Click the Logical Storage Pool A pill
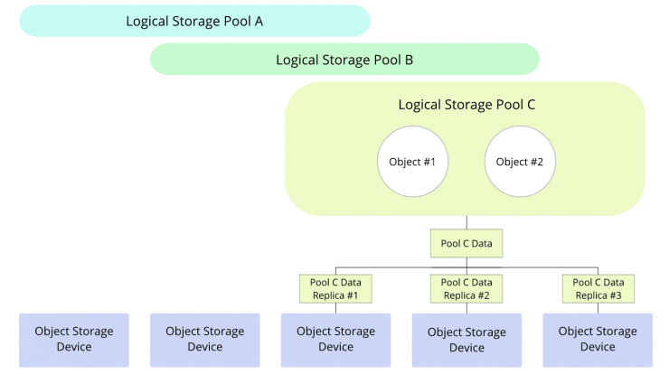click(194, 21)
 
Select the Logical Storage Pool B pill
click(344, 60)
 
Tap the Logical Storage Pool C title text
click(466, 105)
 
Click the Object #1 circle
click(412, 162)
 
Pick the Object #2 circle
click(520, 162)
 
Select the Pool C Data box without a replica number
click(466, 244)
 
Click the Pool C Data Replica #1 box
click(335, 289)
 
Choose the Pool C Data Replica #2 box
click(466, 289)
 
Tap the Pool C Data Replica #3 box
click(598, 289)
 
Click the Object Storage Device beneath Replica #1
click(335, 341)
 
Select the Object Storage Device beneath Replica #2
click(466, 341)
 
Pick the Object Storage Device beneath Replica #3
click(598, 341)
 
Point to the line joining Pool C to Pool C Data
click(466, 222)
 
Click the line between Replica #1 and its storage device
click(335, 308)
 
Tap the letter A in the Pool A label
click(259, 22)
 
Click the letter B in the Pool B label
click(409, 60)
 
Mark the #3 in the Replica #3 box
click(616, 295)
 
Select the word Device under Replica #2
click(466, 348)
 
